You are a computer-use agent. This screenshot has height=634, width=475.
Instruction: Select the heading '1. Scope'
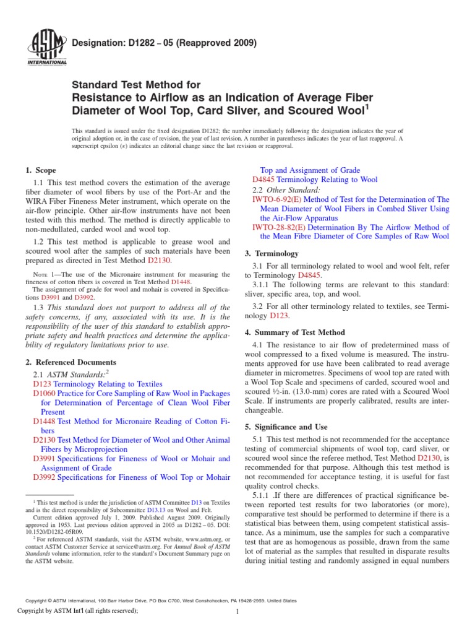click(41, 170)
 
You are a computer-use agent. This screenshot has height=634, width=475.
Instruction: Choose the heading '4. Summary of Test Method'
click(295, 332)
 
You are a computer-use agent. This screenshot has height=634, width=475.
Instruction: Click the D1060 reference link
click(44, 394)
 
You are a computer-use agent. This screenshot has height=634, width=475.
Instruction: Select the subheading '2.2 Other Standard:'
click(286, 189)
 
